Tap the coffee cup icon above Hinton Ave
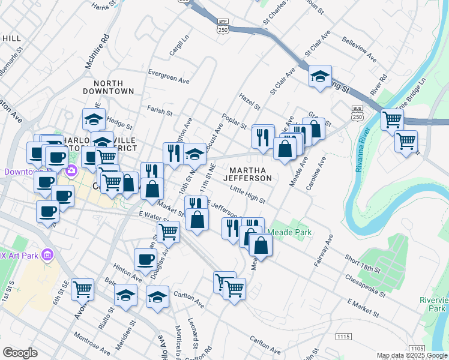[145, 259]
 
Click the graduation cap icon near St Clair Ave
[321, 76]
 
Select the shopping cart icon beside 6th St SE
[82, 289]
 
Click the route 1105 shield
[417, 349]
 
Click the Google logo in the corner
[20, 353]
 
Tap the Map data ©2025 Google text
[411, 356]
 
